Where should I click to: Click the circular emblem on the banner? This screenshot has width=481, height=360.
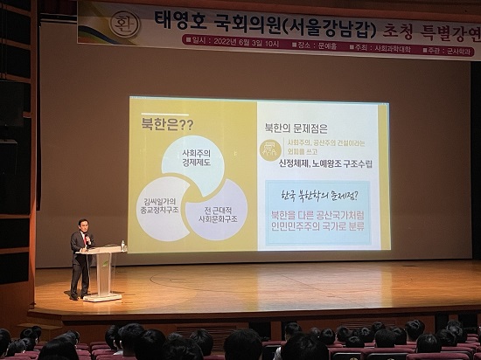click(x=123, y=22)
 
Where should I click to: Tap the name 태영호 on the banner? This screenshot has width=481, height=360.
click(x=180, y=19)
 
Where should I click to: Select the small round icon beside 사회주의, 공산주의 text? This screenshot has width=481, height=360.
click(x=270, y=149)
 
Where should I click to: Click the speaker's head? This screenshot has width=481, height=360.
click(x=82, y=225)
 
